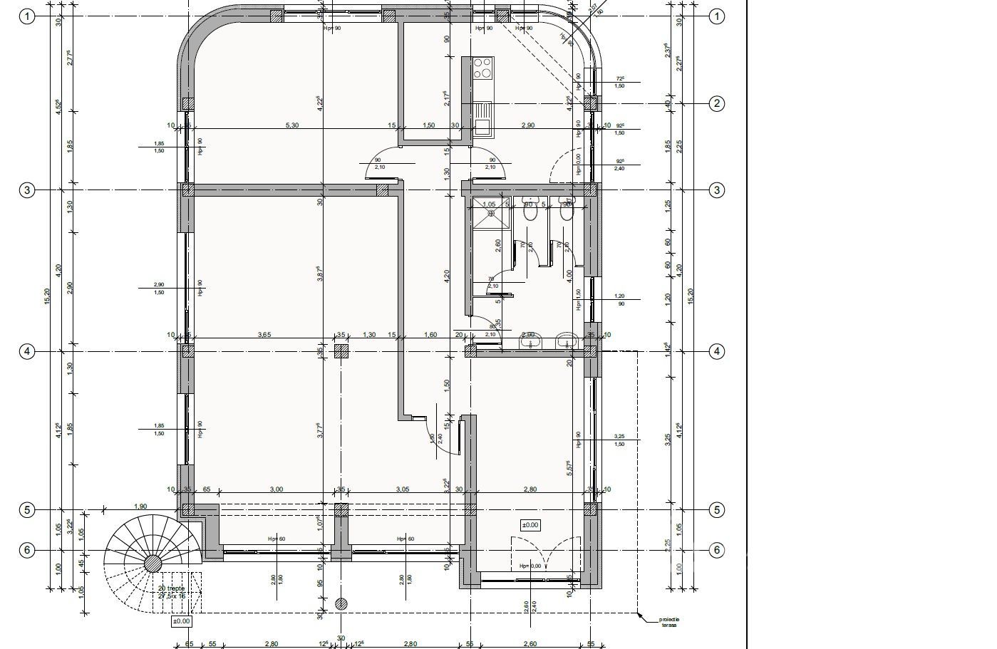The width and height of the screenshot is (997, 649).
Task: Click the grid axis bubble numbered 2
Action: [717, 103]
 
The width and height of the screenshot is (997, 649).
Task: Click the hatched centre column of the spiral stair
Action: [153, 564]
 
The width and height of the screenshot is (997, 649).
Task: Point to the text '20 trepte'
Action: [171, 588]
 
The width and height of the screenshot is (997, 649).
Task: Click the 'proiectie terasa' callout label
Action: [668, 623]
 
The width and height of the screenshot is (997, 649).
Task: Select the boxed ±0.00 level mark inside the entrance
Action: [530, 525]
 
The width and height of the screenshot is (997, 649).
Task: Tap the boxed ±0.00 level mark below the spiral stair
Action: [182, 621]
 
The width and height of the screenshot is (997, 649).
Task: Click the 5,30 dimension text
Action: [291, 125]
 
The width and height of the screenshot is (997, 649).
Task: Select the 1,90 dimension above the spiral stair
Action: [140, 507]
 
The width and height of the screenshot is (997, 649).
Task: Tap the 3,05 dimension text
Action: [403, 489]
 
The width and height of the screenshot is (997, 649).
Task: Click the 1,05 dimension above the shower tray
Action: [489, 204]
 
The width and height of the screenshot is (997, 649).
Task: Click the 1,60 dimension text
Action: [430, 334]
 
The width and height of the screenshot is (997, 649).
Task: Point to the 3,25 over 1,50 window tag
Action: [619, 440]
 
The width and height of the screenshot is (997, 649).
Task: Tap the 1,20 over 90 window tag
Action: [619, 299]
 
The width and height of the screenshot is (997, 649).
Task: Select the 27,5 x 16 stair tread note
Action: [171, 596]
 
